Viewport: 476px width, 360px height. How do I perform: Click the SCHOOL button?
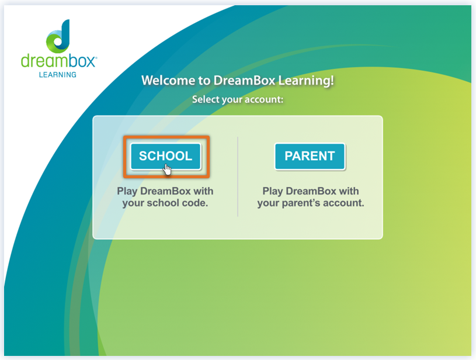(x=165, y=156)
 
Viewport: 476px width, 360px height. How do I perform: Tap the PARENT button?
(x=310, y=156)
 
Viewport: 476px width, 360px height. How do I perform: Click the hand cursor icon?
(x=168, y=169)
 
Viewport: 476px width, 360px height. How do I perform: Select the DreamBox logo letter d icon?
(x=58, y=36)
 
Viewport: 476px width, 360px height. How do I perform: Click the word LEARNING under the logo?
(x=57, y=74)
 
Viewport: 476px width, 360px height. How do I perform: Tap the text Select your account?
(x=238, y=99)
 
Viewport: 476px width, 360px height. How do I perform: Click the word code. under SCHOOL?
(x=194, y=203)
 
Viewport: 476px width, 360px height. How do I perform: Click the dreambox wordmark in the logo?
(x=58, y=61)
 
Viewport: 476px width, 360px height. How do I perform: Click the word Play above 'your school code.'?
(x=128, y=191)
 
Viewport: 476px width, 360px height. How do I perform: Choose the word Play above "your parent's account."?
(x=273, y=191)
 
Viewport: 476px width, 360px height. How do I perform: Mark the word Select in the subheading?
(x=205, y=99)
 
